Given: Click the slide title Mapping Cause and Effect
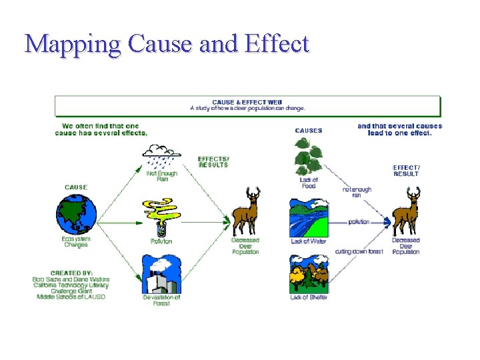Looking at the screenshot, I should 167,44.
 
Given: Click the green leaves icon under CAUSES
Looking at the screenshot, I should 308,157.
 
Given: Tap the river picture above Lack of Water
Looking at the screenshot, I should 309,217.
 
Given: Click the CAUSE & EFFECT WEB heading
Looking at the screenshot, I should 247,102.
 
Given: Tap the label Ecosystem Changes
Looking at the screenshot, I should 75,242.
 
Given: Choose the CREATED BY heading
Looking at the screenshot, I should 71,273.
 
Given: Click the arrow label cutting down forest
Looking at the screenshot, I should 359,251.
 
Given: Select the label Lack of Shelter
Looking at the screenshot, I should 309,297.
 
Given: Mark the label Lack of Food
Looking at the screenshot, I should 309,183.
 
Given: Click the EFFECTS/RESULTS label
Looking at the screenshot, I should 213,162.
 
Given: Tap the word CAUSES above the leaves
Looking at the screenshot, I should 308,131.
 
